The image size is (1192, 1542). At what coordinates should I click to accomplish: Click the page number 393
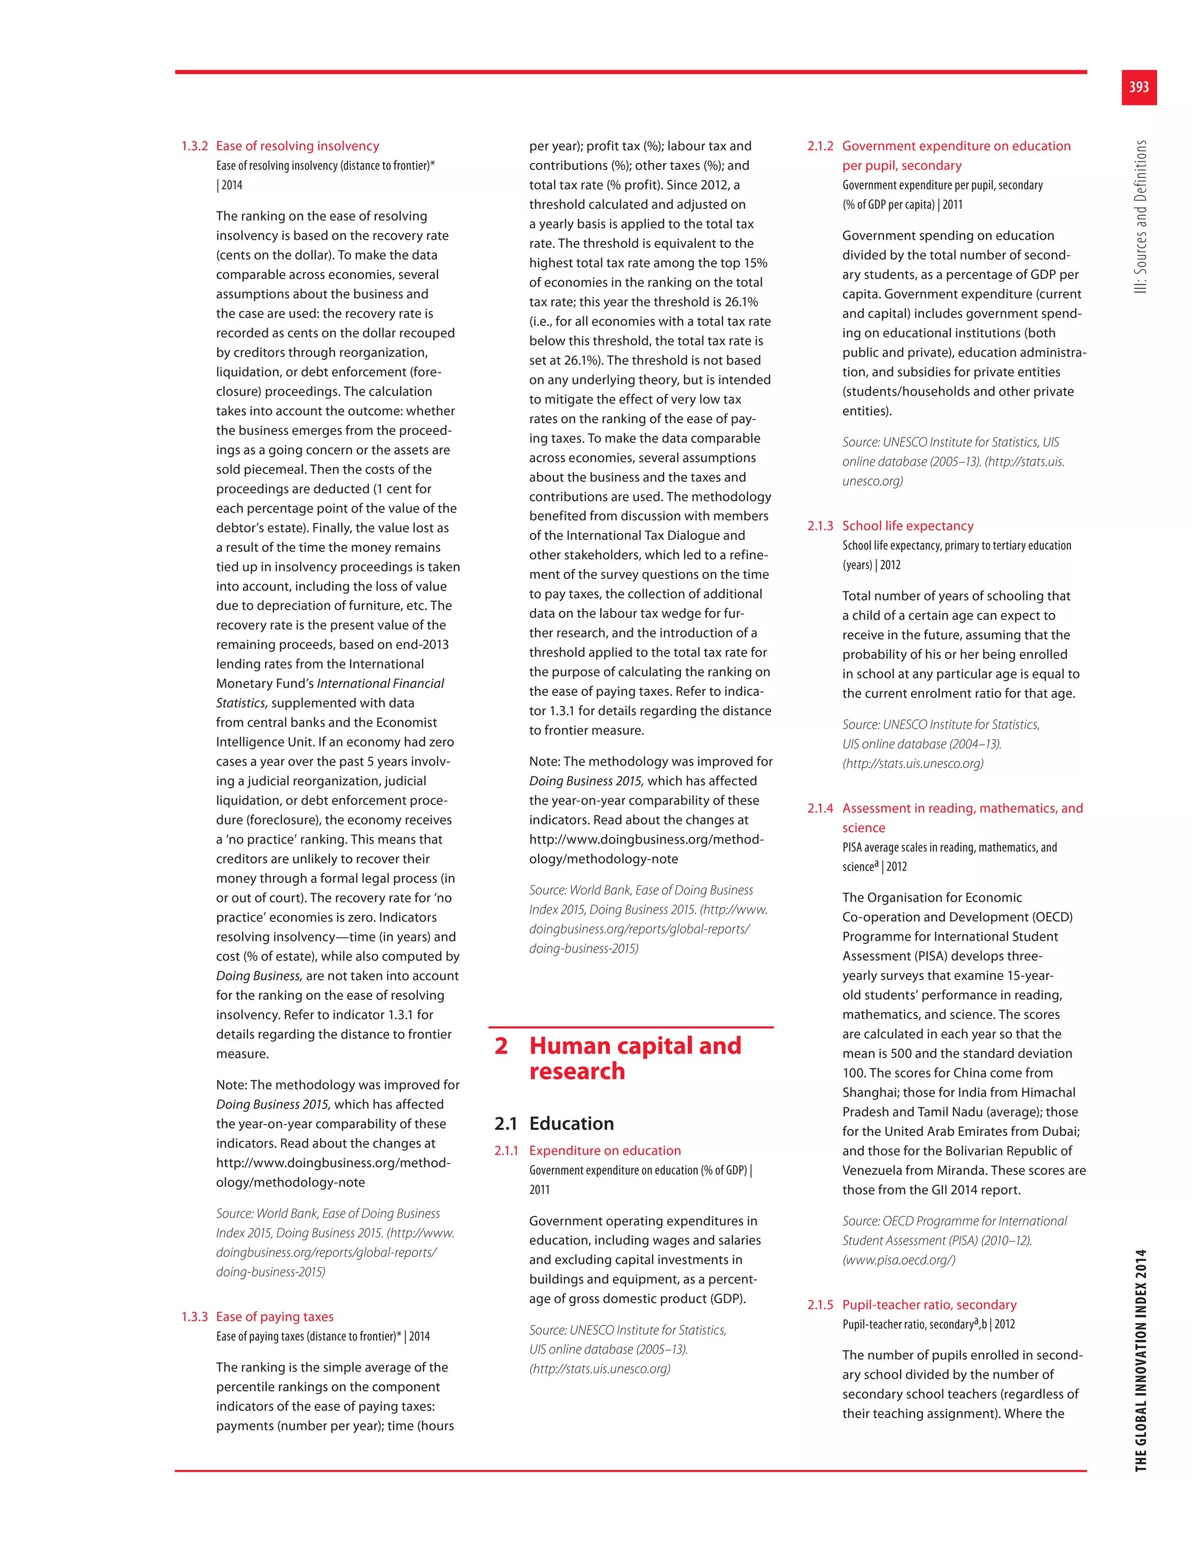click(x=1138, y=87)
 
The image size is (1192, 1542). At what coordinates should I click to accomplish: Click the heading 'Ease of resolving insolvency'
click(x=297, y=146)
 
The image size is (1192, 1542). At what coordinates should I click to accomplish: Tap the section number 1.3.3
click(x=194, y=1317)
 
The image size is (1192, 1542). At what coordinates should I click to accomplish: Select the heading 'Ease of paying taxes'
click(x=275, y=1317)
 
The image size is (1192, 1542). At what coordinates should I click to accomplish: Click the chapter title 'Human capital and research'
click(x=635, y=1058)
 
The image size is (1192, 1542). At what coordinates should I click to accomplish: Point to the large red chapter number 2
click(x=501, y=1046)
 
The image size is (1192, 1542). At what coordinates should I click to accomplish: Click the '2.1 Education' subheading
click(x=554, y=1123)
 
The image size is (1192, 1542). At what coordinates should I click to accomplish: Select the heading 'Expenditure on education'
click(x=605, y=1151)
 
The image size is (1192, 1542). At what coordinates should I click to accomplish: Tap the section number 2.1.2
click(x=820, y=146)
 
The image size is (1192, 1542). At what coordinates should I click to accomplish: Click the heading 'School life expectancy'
click(x=907, y=526)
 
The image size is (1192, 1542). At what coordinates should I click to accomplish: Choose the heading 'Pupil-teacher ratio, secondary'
click(x=930, y=1305)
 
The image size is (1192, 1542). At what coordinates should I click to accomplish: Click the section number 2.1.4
click(x=820, y=808)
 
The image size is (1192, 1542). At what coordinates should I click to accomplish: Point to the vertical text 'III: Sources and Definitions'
click(x=1140, y=217)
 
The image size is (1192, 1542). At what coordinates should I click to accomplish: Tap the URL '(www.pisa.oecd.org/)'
click(x=898, y=1260)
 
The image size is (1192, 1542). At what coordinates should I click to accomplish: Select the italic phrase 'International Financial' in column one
click(x=381, y=684)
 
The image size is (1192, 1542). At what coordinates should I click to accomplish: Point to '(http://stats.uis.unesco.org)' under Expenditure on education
click(x=599, y=1369)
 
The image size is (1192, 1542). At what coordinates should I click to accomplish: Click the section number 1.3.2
click(x=194, y=146)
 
